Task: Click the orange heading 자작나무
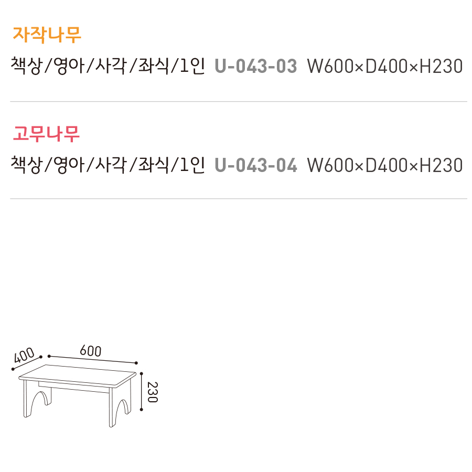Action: tap(47, 35)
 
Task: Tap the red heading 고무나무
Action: tap(47, 133)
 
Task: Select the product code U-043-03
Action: tap(256, 67)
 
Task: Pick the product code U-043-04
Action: tap(256, 165)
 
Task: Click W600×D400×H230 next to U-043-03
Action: tap(384, 67)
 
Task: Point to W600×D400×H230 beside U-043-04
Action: tap(384, 165)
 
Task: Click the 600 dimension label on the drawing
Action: tap(90, 351)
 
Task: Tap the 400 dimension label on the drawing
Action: tap(24, 356)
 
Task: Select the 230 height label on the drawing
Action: tap(152, 392)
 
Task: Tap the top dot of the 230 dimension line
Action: tap(142, 373)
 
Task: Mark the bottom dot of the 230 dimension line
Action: tap(142, 410)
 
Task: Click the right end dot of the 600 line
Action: tap(136, 363)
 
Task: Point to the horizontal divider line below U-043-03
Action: tap(239, 101)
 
